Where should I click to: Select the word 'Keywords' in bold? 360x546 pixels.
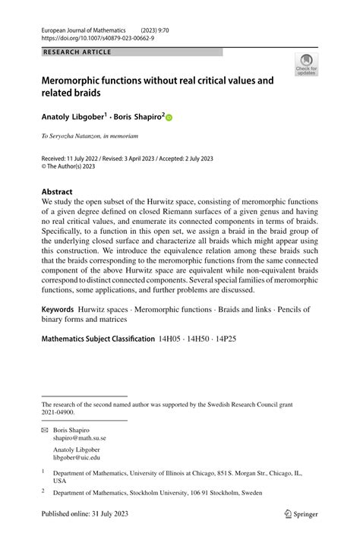coord(58,310)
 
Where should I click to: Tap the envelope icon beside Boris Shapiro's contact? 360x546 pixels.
coord(45,430)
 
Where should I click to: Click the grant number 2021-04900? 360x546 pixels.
coord(58,412)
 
